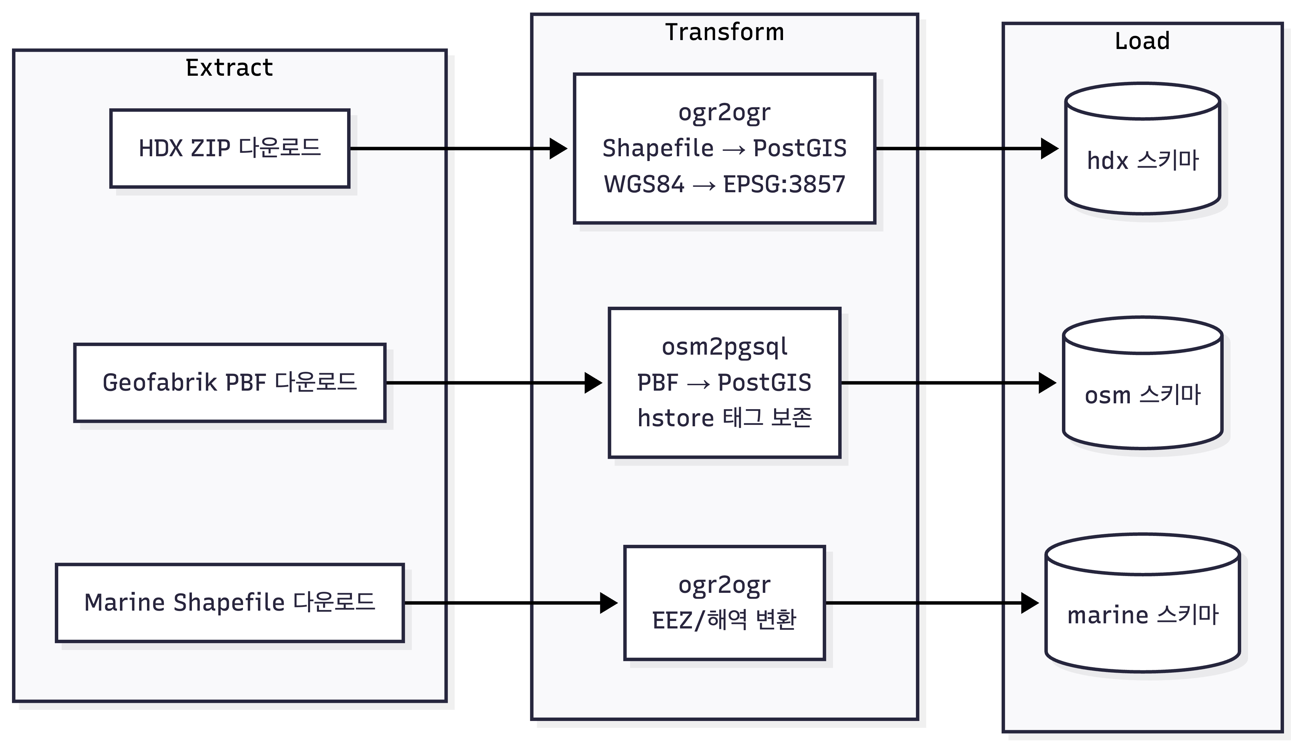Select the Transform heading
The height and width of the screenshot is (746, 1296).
pyautogui.click(x=724, y=32)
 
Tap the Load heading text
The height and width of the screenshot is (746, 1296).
pyautogui.click(x=1142, y=41)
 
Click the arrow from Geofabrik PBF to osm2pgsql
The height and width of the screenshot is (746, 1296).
pyautogui.click(x=492, y=383)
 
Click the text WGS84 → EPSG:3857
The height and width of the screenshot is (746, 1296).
pyautogui.click(x=724, y=184)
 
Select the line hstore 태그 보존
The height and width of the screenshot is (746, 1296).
pyautogui.click(x=724, y=418)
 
